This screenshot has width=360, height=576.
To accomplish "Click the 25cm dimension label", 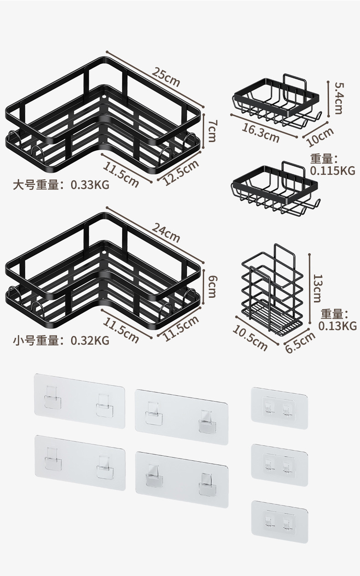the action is coord(166,77).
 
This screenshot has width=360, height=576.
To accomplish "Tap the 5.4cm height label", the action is coord(338,98).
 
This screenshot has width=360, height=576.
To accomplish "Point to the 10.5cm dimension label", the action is coord(250,338).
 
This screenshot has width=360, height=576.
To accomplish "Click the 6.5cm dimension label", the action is coord(300,342).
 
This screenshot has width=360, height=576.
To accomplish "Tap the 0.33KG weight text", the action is coord(90,185).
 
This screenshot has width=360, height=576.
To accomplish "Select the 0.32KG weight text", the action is coord(90,340).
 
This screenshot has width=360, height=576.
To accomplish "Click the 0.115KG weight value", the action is coord(332,171).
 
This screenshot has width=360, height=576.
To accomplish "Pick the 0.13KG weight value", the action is coord(337,326).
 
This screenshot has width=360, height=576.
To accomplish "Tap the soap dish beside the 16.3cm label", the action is coord(276,102).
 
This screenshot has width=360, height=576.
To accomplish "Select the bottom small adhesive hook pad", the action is coord(279,518).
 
